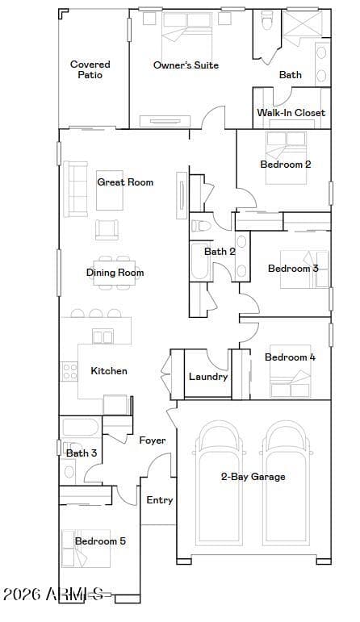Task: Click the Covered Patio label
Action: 90,69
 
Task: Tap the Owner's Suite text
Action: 186,65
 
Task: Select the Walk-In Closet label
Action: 291,113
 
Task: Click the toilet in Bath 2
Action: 201,226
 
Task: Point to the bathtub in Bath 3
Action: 81,428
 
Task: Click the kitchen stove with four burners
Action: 69,372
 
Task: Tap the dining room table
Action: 115,273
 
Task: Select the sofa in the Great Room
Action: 75,190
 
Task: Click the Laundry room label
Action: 208,377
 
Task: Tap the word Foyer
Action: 153,440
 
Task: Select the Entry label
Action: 160,500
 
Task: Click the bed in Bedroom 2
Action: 287,157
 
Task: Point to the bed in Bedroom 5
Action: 86,549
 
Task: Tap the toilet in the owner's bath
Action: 266,19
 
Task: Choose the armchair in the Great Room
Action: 107,230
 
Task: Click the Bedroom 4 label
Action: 290,357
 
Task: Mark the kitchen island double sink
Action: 103,336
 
